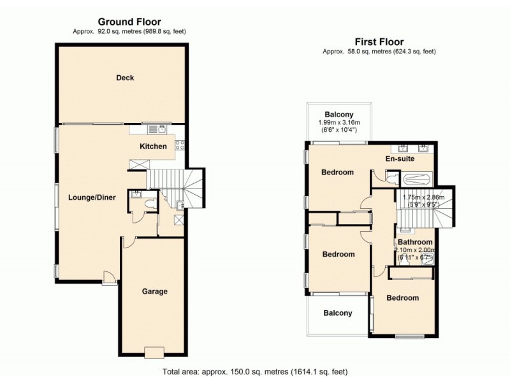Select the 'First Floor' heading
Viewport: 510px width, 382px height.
[x=379, y=42]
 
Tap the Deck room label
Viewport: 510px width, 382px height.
[x=125, y=78]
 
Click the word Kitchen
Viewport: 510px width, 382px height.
[x=153, y=146]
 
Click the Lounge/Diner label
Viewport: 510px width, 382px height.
[x=92, y=197]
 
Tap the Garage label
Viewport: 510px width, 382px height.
[x=154, y=292]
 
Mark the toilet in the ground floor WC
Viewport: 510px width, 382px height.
[x=150, y=204]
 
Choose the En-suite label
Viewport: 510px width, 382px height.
[x=400, y=159]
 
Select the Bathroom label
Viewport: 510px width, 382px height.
[x=415, y=243]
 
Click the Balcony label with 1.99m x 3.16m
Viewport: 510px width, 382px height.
[x=339, y=115]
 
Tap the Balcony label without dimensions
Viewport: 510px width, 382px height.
[x=337, y=313]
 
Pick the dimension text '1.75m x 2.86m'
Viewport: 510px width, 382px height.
[x=425, y=198]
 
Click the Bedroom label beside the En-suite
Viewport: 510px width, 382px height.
[x=337, y=173]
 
